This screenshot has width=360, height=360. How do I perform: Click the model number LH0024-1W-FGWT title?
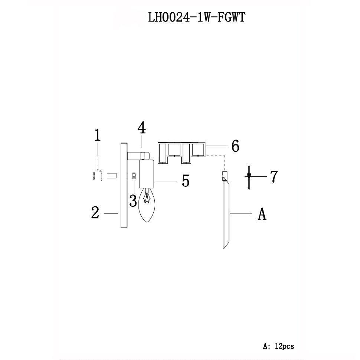(196, 17)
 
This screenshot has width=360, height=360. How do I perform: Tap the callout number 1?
(97, 135)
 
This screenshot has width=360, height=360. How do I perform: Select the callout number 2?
(95, 213)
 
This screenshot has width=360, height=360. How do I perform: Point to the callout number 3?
(133, 201)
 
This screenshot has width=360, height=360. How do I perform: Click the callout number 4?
(141, 128)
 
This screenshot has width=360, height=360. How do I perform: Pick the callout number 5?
(185, 181)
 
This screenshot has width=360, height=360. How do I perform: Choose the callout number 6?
(235, 146)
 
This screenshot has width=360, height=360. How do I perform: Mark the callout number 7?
(274, 177)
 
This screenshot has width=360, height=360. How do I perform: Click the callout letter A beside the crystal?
(262, 214)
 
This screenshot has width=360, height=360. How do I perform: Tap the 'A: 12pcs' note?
(278, 346)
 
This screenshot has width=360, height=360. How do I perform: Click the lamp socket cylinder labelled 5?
(147, 174)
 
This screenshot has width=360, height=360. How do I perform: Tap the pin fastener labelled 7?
(249, 177)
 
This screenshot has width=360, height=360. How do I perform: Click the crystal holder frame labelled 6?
(182, 152)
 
